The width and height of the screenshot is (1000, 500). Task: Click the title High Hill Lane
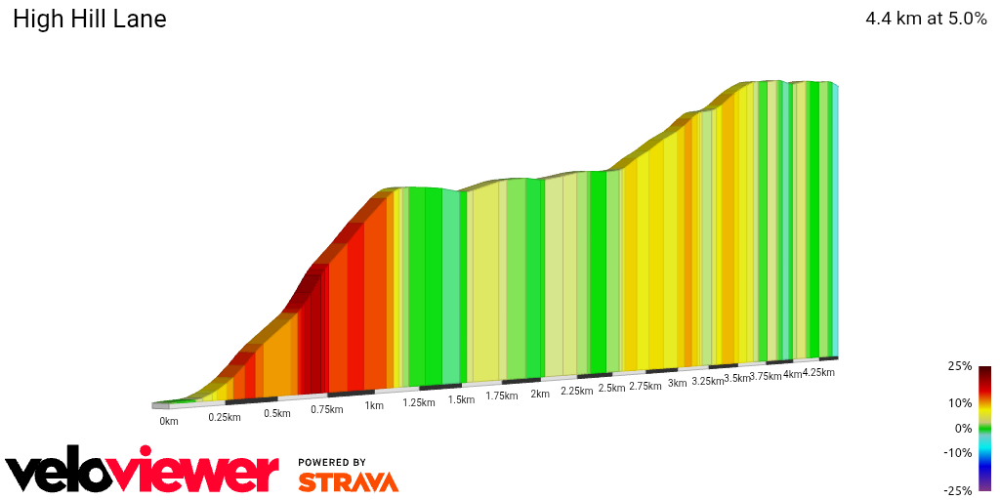click(89, 20)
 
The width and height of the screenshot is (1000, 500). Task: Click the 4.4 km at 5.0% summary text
click(926, 19)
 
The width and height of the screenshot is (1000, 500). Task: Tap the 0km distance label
click(169, 422)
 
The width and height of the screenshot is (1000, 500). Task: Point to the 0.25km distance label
click(225, 417)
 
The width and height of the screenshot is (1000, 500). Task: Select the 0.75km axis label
click(327, 409)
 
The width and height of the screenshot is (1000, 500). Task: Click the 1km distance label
click(373, 405)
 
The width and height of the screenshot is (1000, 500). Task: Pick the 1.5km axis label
click(461, 399)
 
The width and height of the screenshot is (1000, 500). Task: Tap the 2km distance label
click(540, 394)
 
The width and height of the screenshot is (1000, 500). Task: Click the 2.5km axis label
click(611, 389)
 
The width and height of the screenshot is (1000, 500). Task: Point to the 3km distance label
click(677, 384)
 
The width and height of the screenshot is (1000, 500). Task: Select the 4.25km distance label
click(817, 372)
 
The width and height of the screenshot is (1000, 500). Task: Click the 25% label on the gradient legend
click(961, 366)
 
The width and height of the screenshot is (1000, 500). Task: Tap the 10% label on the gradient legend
click(961, 402)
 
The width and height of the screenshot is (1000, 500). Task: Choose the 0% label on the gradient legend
click(964, 428)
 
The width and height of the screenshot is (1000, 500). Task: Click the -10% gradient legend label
click(959, 452)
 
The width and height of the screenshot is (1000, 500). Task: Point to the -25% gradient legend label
click(959, 490)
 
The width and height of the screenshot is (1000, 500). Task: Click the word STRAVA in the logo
click(348, 482)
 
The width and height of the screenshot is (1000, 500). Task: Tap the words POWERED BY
click(332, 462)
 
